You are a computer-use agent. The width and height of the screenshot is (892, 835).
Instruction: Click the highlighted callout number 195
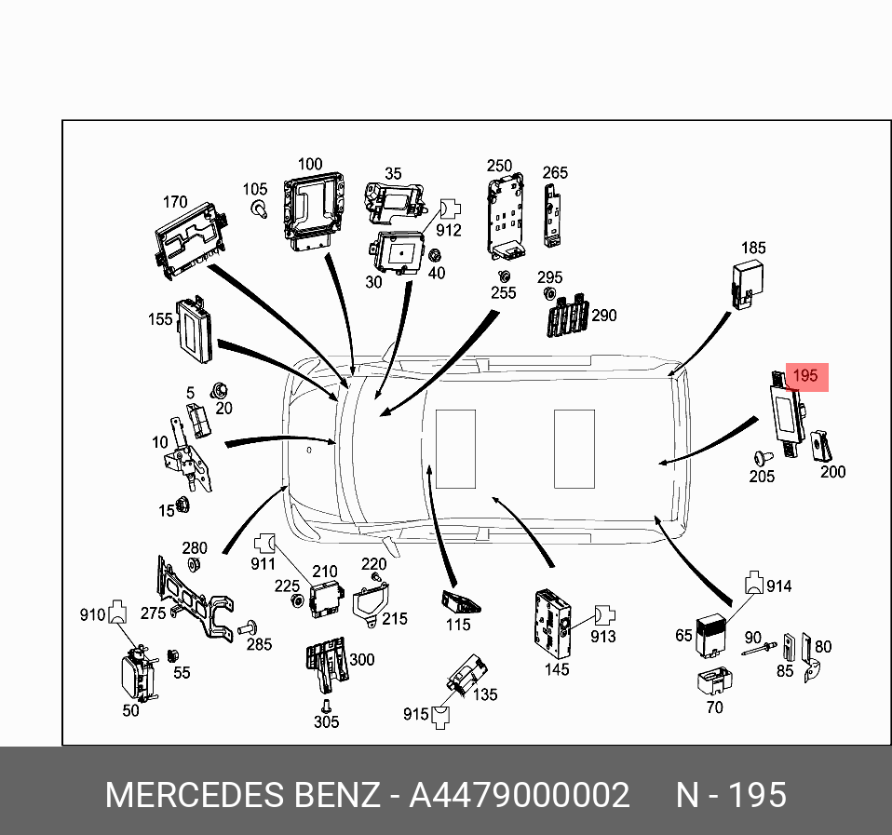pyautogui.click(x=805, y=376)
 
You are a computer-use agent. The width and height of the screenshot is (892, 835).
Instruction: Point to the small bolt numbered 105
pyautogui.click(x=261, y=209)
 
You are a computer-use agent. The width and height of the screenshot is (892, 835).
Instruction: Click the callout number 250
pyautogui.click(x=499, y=166)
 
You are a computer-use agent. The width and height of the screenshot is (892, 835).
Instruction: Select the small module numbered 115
pyautogui.click(x=461, y=600)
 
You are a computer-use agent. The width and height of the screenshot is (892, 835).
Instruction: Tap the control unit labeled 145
pyautogui.click(x=550, y=617)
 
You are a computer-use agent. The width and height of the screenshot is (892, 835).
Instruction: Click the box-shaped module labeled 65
pyautogui.click(x=714, y=634)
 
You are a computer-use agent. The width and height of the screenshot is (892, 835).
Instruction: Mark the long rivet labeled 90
pyautogui.click(x=760, y=650)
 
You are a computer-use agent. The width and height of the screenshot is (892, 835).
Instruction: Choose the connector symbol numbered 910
pyautogui.click(x=117, y=613)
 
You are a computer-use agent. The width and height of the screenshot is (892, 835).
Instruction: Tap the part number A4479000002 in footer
pyautogui.click(x=520, y=796)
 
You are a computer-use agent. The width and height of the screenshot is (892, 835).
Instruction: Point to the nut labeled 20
pyautogui.click(x=220, y=391)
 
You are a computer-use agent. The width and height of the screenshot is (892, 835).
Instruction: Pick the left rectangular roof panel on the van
pyautogui.click(x=455, y=449)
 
